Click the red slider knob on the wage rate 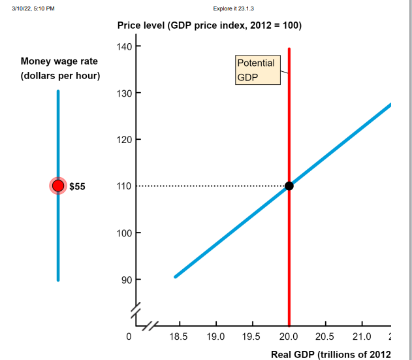tap(58, 186)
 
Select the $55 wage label tap(77, 186)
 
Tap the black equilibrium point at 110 tap(289, 186)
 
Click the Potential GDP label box tap(256, 70)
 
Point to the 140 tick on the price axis tap(125, 46)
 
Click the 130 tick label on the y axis tap(125, 93)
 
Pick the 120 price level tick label tap(125, 140)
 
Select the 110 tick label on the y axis tap(125, 186)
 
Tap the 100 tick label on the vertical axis tap(125, 233)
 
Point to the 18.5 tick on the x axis tap(178, 336)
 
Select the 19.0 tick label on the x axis tap(215, 336)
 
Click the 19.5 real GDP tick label tap(252, 336)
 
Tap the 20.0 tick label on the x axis tap(289, 336)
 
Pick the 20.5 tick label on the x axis tap(325, 336)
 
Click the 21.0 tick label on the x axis tap(362, 336)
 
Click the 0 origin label tap(129, 336)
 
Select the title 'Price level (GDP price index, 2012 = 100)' tap(209, 25)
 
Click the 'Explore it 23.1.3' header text tap(233, 8)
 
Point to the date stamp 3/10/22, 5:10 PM tap(29, 8)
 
